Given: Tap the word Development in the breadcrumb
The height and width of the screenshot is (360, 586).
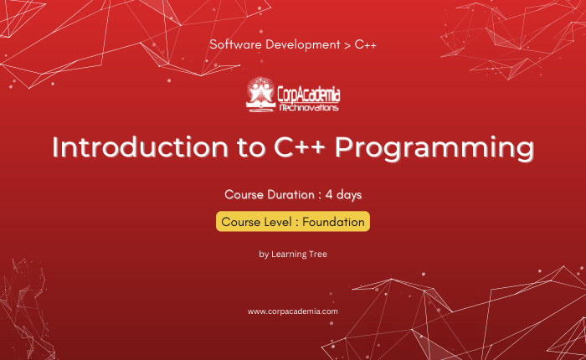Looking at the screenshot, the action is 303,45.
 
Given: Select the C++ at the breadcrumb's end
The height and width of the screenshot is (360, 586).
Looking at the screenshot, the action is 365,44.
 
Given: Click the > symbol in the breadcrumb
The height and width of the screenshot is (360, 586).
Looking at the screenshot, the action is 347,45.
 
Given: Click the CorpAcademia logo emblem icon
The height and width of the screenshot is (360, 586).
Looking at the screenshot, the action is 261,95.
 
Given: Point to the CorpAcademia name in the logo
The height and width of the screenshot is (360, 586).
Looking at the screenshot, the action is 309,94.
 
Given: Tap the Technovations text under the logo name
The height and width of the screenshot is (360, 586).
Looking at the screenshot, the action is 309,108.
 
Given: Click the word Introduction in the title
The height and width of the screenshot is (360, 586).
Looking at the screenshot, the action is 140,147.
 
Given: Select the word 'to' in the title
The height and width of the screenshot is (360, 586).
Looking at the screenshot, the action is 251,148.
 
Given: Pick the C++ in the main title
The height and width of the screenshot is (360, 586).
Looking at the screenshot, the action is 300,147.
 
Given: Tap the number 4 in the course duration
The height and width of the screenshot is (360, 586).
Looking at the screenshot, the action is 329,194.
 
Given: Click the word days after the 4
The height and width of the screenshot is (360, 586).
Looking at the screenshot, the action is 349,195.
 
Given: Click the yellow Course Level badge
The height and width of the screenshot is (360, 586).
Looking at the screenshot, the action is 293,222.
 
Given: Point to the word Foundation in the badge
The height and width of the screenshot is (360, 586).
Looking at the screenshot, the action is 333,222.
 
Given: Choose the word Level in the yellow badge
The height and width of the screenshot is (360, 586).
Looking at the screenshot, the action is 278,222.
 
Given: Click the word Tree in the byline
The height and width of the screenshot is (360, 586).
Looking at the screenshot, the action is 317,255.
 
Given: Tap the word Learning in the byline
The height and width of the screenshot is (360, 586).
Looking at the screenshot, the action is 288,255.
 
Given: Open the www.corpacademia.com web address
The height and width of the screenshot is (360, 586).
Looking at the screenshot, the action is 293,311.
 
